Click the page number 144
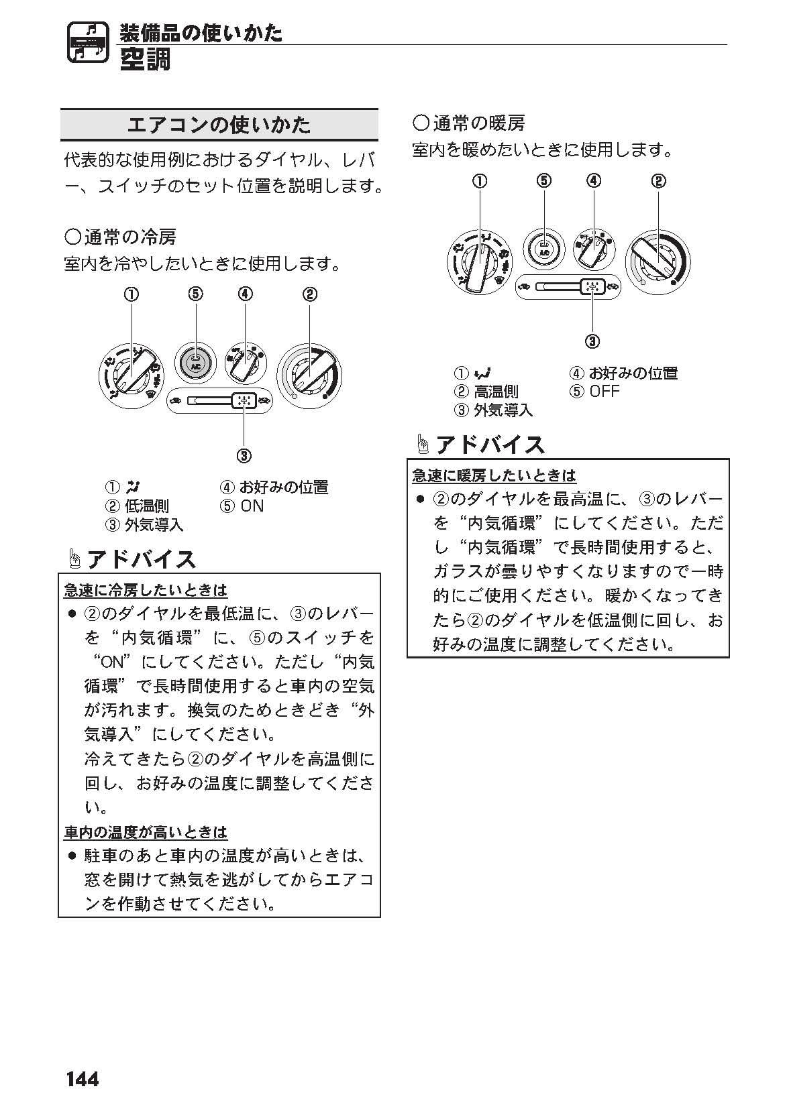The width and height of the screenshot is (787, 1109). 82,1079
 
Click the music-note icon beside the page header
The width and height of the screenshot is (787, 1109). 87,44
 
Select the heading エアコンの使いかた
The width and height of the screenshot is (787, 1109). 219,125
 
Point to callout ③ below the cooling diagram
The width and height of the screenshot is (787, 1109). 244,456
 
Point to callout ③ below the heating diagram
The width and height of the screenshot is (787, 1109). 593,341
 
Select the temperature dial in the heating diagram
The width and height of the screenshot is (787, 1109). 658,261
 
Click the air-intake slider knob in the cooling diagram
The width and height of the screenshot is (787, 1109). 244,401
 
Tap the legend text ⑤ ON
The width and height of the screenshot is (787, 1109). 242,506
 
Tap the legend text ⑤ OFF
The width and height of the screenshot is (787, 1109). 594,392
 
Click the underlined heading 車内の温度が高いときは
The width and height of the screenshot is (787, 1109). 146,832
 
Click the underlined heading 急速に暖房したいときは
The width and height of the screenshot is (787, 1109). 494,475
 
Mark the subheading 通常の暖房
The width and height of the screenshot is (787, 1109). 469,123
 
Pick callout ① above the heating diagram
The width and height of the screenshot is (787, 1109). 480,180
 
